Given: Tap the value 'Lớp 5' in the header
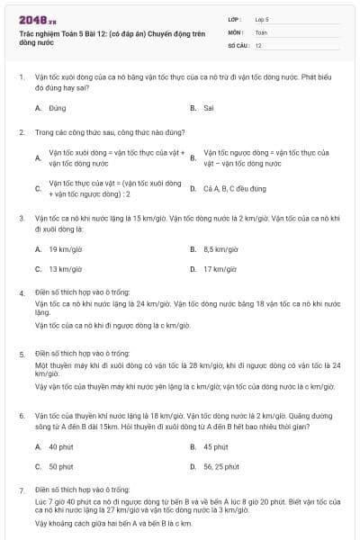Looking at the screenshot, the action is point(263,18).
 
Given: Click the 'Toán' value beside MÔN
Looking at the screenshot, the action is point(261,31).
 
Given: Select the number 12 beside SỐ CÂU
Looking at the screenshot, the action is point(258,44).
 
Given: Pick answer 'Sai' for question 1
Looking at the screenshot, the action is point(209,107).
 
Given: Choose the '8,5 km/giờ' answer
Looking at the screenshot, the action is point(220,248).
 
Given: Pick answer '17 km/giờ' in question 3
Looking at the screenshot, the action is point(220,268).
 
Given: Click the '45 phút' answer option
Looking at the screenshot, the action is point(216,446).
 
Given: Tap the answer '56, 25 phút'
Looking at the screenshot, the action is point(221,466).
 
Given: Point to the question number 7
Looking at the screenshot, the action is point(22,490).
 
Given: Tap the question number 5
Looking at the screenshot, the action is point(22,355).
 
